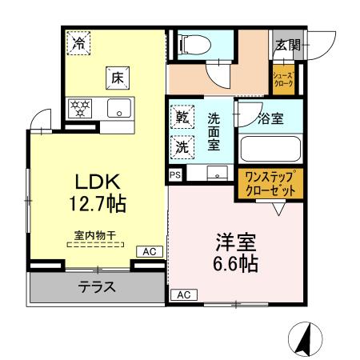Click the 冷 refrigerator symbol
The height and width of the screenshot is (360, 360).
pyautogui.click(x=78, y=43)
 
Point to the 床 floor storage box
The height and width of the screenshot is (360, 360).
pyautogui.click(x=117, y=78)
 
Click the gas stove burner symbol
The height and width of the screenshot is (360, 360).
pyautogui.click(x=81, y=108)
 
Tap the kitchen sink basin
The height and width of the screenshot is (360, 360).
pyautogui.click(x=121, y=108)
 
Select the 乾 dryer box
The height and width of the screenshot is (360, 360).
pyautogui.click(x=182, y=118)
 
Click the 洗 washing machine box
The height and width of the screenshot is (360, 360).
pyautogui.click(x=182, y=147)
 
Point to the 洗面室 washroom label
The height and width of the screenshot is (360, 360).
pyautogui.click(x=214, y=132)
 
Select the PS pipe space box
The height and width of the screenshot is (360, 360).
pyautogui.click(x=174, y=173)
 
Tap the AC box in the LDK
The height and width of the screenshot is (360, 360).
pyautogui.click(x=150, y=252)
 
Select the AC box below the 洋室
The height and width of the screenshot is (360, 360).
pyautogui.click(x=182, y=294)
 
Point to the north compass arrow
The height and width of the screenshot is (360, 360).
pyautogui.click(x=304, y=337)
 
